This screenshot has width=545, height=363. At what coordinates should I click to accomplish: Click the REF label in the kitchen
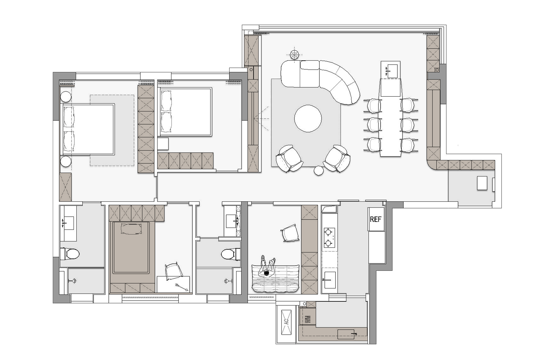[x=376, y=219]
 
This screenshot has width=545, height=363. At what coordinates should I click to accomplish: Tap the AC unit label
[x=286, y=321]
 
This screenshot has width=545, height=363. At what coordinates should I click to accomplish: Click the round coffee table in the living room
[x=308, y=119]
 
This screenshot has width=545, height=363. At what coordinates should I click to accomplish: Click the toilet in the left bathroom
[x=70, y=254]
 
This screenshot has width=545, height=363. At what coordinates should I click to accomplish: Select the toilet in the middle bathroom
[x=230, y=254]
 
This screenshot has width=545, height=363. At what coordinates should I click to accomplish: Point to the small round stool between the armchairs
[x=319, y=171]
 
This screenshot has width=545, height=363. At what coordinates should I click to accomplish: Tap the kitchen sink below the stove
[x=329, y=280]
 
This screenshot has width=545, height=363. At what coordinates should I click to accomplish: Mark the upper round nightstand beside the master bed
[x=66, y=97]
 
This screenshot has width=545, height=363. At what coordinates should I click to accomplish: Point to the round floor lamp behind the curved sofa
[x=295, y=54]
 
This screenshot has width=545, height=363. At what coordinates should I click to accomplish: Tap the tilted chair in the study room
[x=290, y=233]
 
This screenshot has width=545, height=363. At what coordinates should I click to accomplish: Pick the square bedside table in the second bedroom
[x=163, y=144]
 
